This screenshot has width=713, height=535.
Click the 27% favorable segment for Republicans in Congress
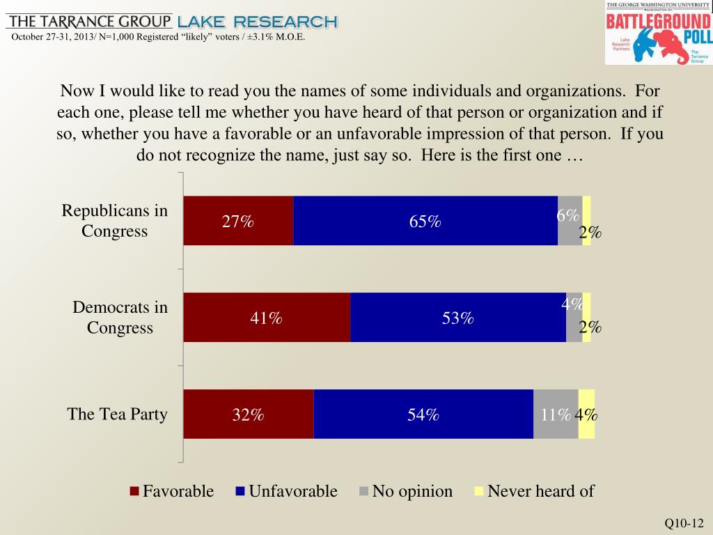[238, 221]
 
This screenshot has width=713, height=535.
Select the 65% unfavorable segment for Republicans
[425, 221]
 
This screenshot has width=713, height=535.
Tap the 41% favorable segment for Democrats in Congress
[267, 318]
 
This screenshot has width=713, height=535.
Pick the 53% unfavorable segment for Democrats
[457, 318]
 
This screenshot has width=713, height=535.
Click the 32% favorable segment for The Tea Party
[249, 414]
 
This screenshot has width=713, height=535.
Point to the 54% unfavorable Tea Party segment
[423, 414]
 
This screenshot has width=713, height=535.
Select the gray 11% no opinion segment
[556, 414]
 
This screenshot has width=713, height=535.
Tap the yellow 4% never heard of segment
[586, 414]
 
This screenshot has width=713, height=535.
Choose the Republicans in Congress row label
[115, 221]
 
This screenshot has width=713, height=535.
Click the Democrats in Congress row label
[120, 318]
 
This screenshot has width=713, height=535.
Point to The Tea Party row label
[117, 414]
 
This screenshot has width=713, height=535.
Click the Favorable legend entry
[172, 491]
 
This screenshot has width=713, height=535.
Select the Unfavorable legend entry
[287, 491]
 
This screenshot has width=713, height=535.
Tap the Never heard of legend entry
[534, 491]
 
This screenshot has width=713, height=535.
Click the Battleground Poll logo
[658, 33]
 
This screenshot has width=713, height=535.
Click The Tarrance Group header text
[88, 21]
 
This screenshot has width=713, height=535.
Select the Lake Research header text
[258, 22]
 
